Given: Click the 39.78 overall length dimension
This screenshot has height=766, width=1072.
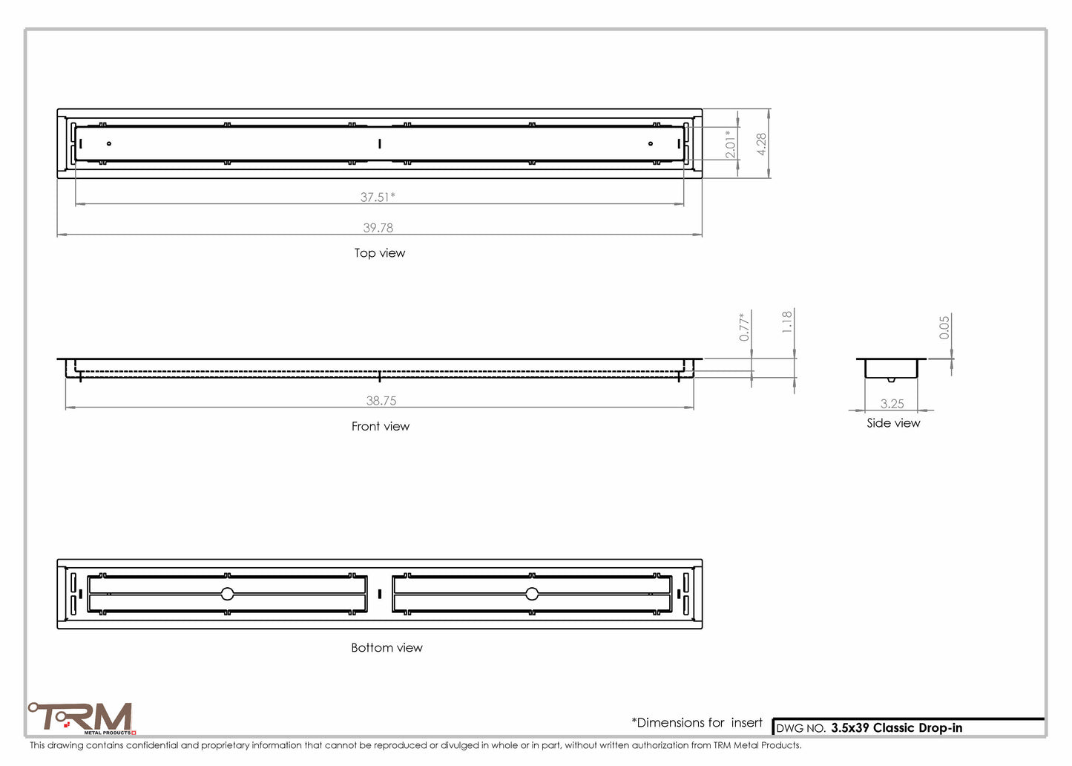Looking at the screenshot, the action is (378, 228).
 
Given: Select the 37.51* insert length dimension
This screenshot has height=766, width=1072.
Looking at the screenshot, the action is (378, 197).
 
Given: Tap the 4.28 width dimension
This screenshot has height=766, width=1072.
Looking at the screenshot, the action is (761, 144).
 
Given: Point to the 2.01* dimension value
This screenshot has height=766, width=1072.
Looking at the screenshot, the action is (730, 144).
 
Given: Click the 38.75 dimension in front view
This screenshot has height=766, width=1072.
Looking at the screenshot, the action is (381, 401).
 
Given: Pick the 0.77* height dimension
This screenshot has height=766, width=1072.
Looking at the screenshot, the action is (743, 327).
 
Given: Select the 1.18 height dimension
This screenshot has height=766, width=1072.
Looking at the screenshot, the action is (787, 321).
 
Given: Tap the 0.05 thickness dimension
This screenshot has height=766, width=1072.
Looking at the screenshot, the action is (944, 327).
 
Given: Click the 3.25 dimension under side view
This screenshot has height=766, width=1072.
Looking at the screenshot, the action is (892, 404).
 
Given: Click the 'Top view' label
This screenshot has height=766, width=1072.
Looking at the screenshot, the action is (380, 253).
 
